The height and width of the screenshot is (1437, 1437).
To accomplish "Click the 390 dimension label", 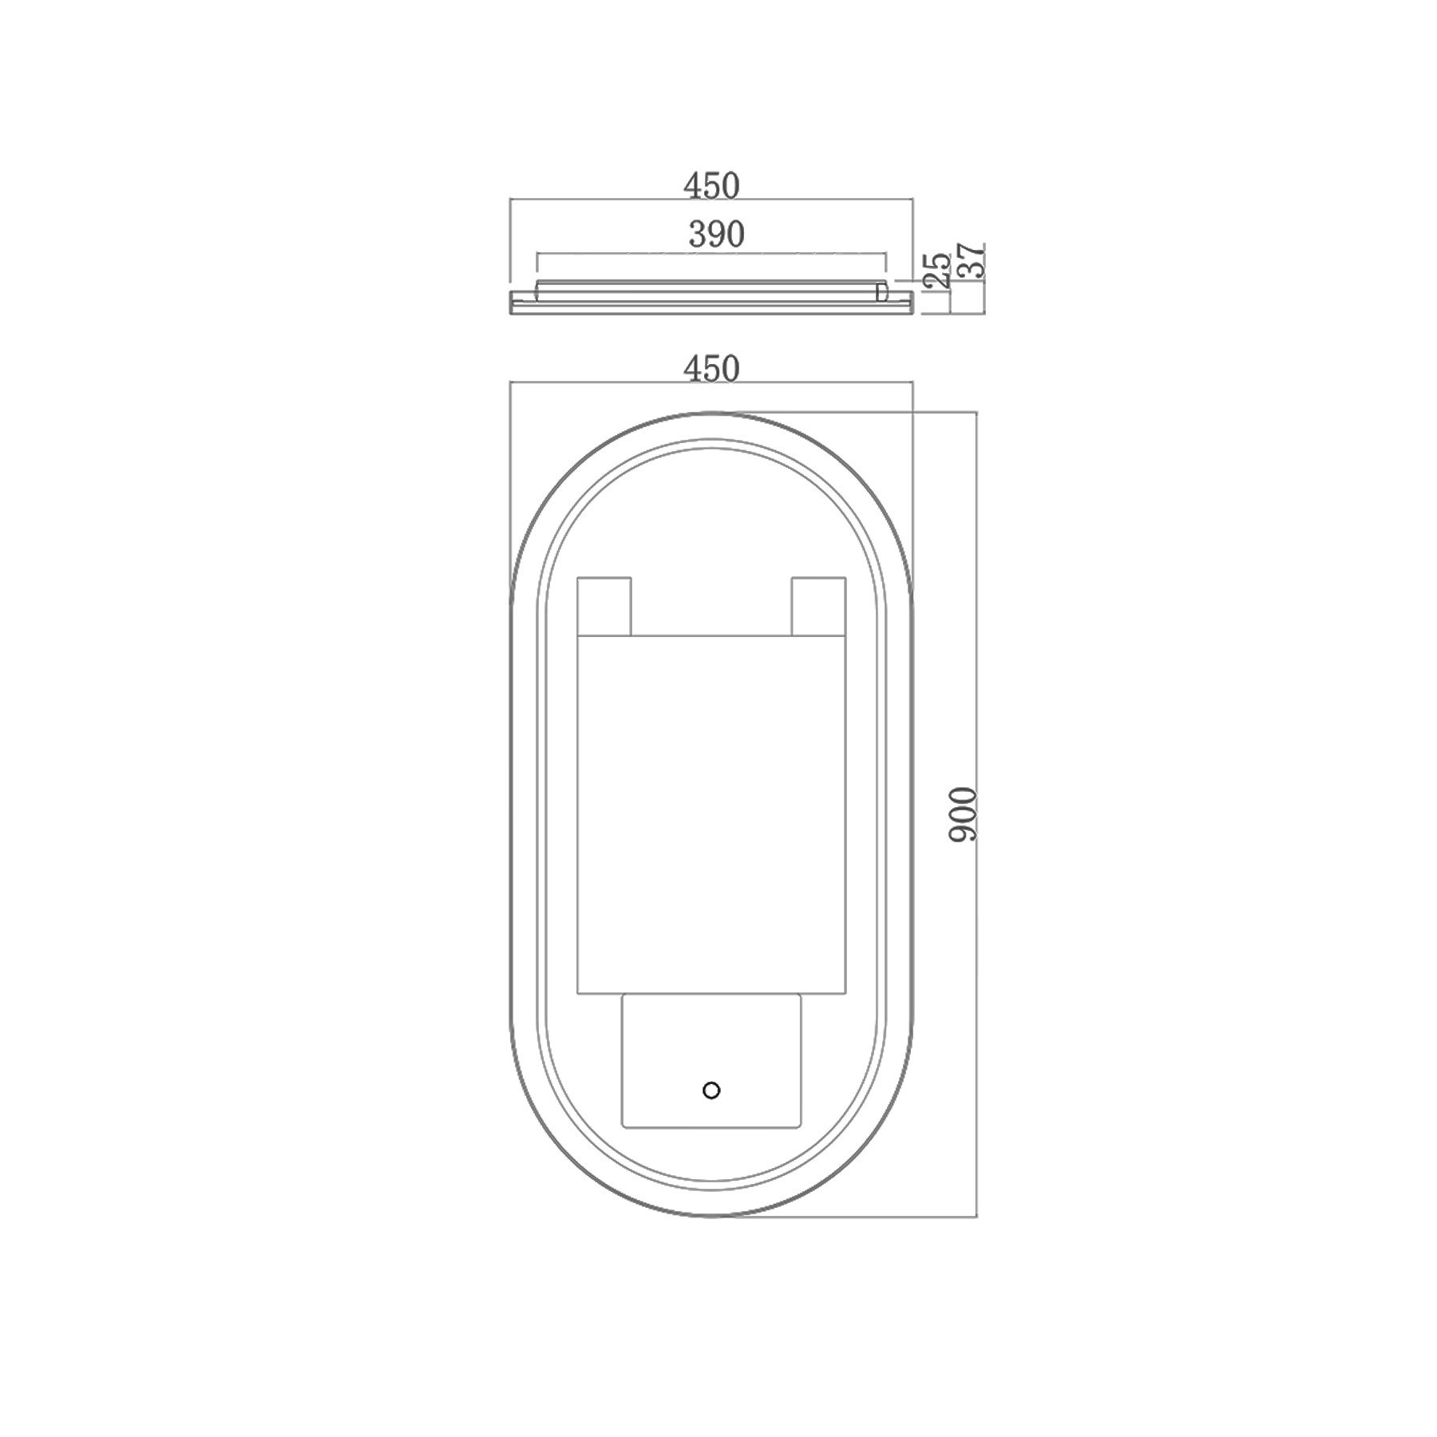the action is click(716, 235).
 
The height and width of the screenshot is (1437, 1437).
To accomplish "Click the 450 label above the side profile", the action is click(711, 186).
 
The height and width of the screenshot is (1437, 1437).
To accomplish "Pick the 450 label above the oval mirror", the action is click(711, 369).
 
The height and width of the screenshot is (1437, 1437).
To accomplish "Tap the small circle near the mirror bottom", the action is click(711, 1090).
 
